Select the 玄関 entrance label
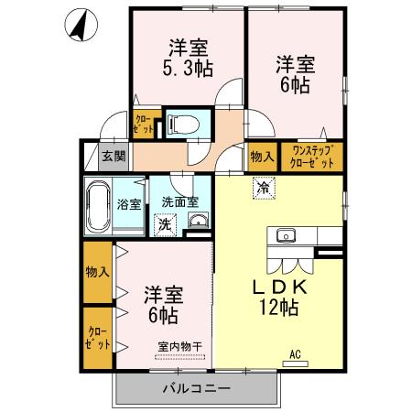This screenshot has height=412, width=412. [114, 157]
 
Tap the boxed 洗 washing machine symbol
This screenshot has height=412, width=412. [164, 222]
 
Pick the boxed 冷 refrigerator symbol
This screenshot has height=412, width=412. [264, 190]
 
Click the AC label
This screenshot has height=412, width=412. [295, 354]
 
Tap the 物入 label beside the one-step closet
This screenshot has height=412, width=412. [262, 157]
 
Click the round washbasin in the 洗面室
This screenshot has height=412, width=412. [198, 220]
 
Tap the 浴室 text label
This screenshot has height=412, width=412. [130, 204]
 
